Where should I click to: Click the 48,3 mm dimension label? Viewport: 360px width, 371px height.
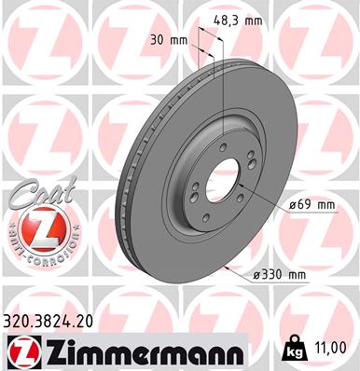tap(238, 21)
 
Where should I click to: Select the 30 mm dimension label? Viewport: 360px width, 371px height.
tap(169, 40)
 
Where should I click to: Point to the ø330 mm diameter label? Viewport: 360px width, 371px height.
tap(280, 275)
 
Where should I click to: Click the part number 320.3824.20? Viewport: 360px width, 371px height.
tap(48, 322)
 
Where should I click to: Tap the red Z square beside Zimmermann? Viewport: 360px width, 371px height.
tap(24, 352)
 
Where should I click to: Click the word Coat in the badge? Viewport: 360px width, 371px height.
tap(42, 192)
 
